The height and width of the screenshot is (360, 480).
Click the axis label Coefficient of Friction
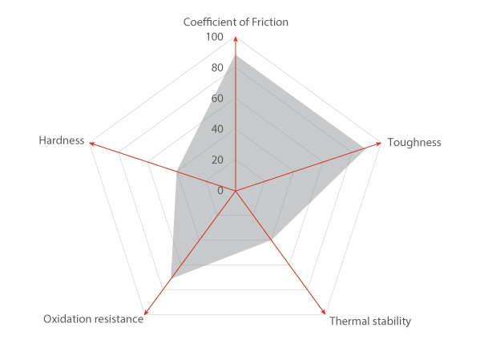coord(236,22)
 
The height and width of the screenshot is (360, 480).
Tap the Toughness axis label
coord(414,143)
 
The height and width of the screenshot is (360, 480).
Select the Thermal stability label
coord(370,321)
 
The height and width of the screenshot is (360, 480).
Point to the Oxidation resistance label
coord(94,319)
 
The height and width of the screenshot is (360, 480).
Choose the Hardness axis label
coord(61,140)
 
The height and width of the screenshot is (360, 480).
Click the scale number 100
coord(215,37)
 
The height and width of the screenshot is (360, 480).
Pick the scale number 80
coord(217,67)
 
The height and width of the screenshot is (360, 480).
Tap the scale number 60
coord(217,99)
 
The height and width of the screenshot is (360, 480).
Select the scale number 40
coord(217,129)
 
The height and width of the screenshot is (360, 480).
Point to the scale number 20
coord(217,160)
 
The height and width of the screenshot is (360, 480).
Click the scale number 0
coord(220,191)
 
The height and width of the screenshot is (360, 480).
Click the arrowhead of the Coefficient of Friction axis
coord(236,38)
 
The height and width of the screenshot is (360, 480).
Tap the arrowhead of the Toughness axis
coord(379,144)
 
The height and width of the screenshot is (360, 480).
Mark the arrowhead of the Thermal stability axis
coord(323,312)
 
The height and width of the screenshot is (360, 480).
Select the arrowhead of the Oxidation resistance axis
coord(146,312)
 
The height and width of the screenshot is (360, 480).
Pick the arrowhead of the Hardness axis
coord(91,144)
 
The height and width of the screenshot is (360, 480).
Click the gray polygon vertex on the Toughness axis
coord(365,148)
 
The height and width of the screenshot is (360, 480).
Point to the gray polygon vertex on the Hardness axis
coord(177,172)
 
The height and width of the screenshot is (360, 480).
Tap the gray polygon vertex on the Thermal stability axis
coord(272,240)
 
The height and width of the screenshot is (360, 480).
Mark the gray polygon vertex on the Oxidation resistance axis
coord(171,278)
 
